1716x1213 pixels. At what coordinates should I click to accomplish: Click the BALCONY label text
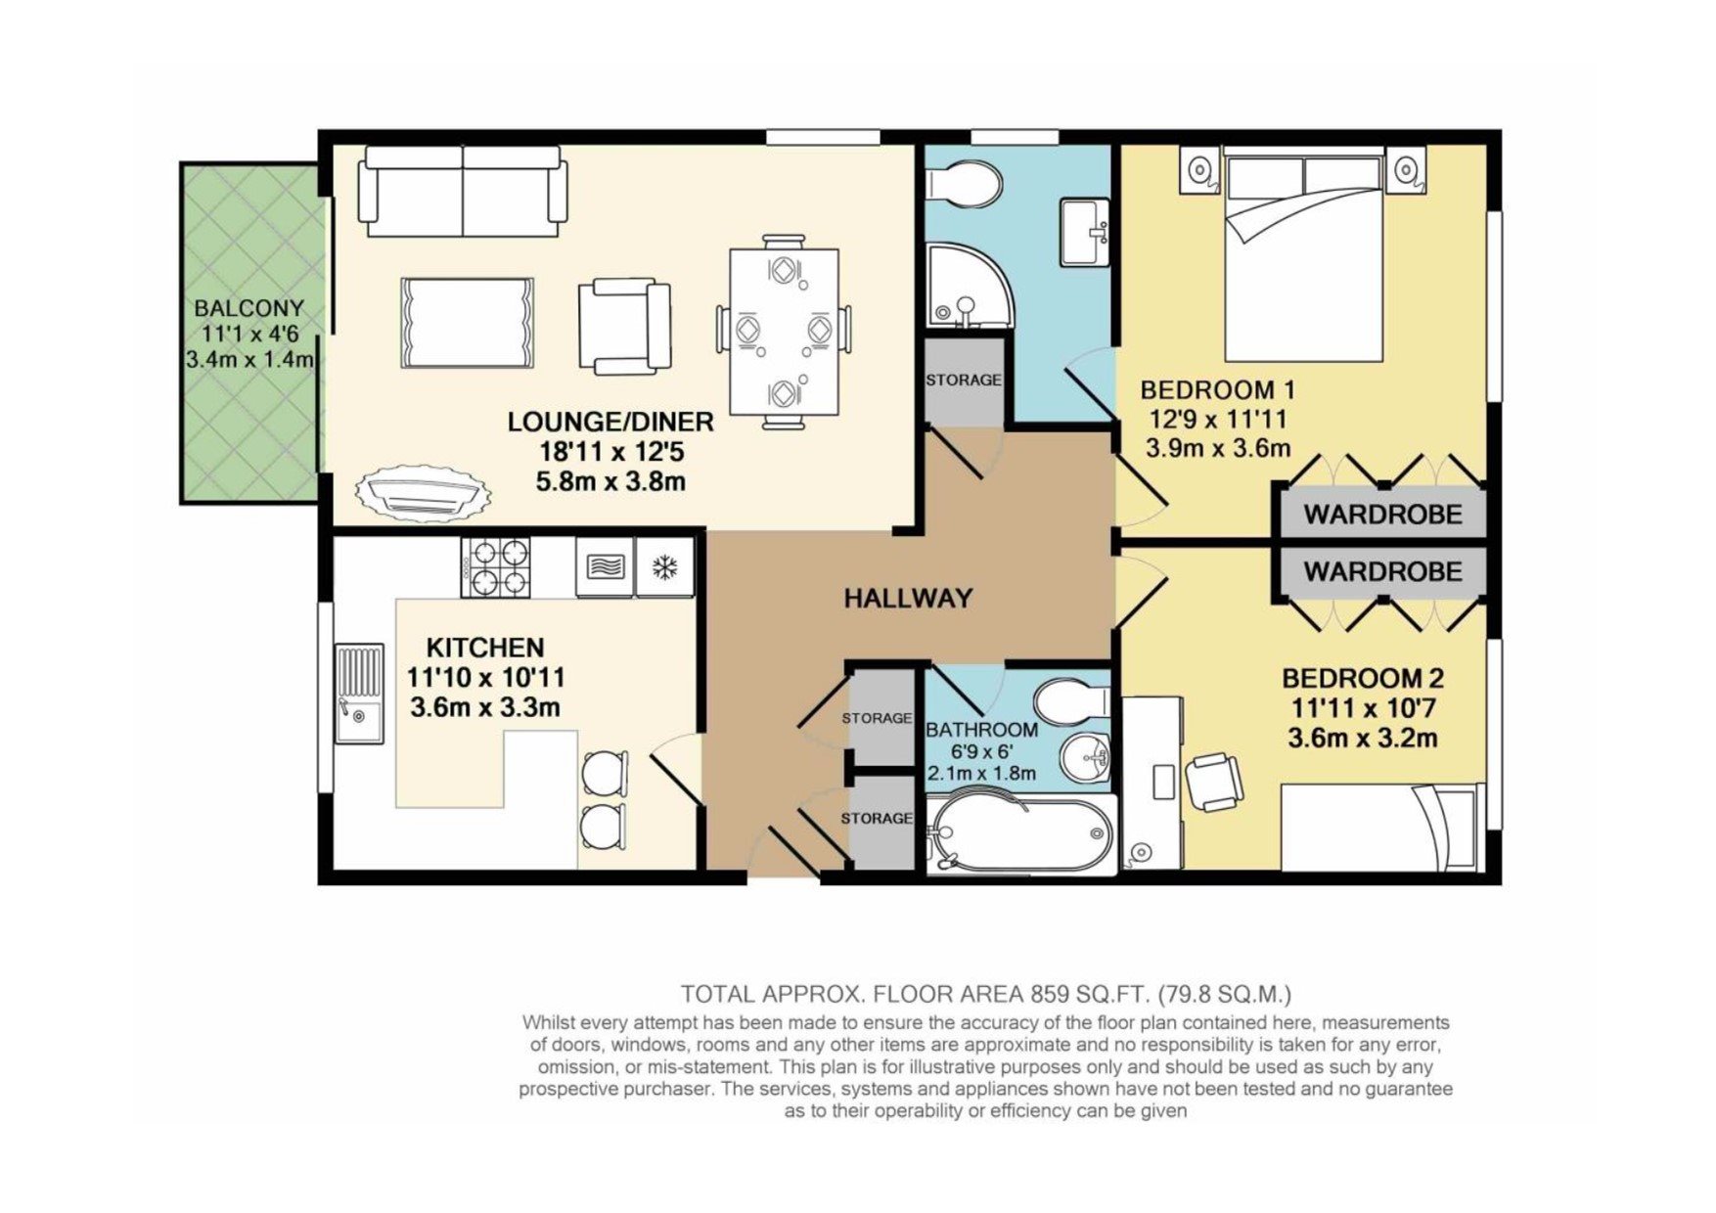[x=248, y=308]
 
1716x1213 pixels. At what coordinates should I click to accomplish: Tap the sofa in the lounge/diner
[x=462, y=191]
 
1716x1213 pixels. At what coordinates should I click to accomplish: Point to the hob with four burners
[x=495, y=567]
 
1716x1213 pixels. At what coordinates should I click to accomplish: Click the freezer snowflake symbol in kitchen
[x=665, y=566]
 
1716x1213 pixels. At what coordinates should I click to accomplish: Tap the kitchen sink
[x=359, y=693]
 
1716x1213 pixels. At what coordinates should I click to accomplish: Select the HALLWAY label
[x=908, y=598]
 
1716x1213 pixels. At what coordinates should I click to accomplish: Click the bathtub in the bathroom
[x=1019, y=834]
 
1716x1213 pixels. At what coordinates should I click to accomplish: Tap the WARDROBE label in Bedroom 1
[x=1382, y=514]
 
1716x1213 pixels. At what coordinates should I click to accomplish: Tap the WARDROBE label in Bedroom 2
[x=1382, y=571]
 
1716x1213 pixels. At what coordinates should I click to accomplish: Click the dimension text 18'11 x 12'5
[x=610, y=452]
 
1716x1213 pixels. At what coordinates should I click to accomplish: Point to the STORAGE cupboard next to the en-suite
[x=964, y=380]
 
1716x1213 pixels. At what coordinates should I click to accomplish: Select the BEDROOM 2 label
[x=1363, y=677]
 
